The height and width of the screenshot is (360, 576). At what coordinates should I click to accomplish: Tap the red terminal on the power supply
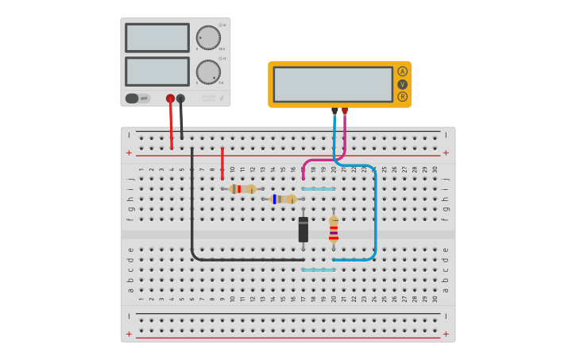(x=170, y=99)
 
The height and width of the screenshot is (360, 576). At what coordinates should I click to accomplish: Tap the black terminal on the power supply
(x=180, y=99)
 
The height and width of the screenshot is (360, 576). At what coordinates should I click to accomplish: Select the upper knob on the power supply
(x=208, y=37)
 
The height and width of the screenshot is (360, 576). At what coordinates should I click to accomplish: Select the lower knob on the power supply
(x=208, y=72)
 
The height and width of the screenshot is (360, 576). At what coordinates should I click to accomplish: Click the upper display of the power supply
(x=157, y=37)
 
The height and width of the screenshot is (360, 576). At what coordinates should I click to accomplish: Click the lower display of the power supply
(x=157, y=72)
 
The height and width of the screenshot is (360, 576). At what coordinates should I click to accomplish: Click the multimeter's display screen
(x=333, y=83)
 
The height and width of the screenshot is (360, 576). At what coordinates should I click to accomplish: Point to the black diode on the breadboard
(x=303, y=230)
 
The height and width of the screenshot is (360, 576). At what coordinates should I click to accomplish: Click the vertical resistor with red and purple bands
(x=334, y=229)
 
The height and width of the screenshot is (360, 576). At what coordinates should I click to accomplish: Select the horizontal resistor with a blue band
(x=284, y=199)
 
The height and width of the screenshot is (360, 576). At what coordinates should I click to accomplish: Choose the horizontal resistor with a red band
(x=242, y=189)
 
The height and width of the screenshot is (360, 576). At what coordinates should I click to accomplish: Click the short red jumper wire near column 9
(x=222, y=163)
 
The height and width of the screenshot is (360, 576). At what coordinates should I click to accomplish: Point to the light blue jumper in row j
(x=318, y=189)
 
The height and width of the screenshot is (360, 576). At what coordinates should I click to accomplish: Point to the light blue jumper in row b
(x=318, y=270)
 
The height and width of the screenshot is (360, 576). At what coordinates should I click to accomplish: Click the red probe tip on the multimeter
(x=345, y=111)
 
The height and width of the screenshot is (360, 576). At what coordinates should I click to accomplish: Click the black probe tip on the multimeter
(x=334, y=111)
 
